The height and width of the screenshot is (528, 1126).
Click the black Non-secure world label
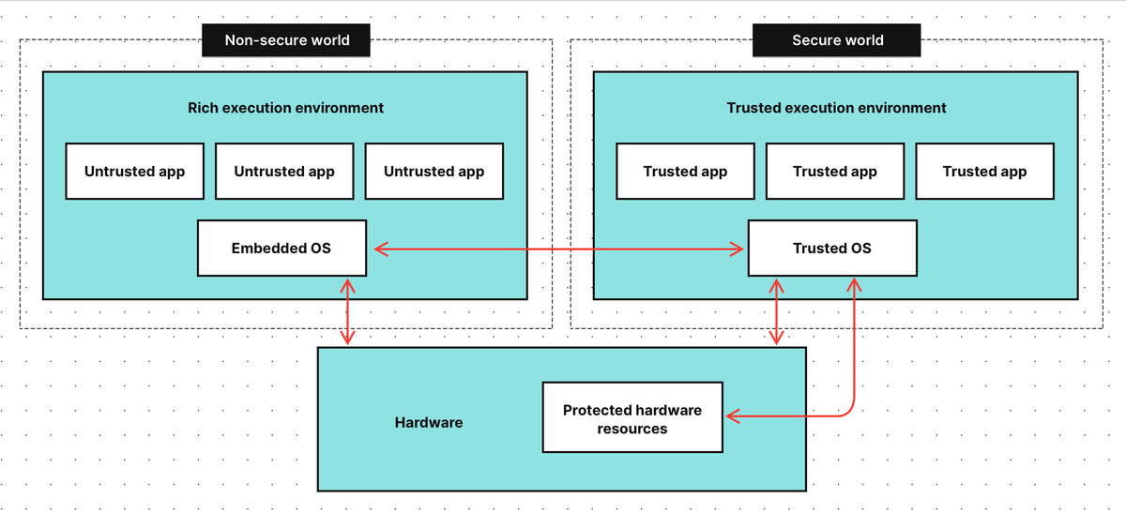coord(286,40)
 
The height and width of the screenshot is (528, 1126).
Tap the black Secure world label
coord(837,40)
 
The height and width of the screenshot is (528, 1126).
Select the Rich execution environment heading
coord(285,108)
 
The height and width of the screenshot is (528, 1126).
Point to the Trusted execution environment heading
coord(836,108)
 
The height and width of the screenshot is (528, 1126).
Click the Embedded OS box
coord(281,249)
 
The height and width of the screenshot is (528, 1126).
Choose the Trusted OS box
coord(832,249)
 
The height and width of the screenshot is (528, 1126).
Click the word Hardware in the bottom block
coord(429,423)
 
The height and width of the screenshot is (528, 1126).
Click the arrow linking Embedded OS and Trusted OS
coord(558,249)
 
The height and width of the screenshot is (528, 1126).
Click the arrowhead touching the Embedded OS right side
coord(381,249)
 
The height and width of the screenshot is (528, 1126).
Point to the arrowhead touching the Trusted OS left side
coord(738,249)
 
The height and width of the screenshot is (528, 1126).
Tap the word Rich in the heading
coord(204,108)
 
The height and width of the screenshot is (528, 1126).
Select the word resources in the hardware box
coord(632,430)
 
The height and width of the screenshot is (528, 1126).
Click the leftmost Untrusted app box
coord(134,172)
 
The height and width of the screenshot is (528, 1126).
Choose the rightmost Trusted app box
coord(984,172)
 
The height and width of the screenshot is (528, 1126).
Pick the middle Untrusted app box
coord(284,172)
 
